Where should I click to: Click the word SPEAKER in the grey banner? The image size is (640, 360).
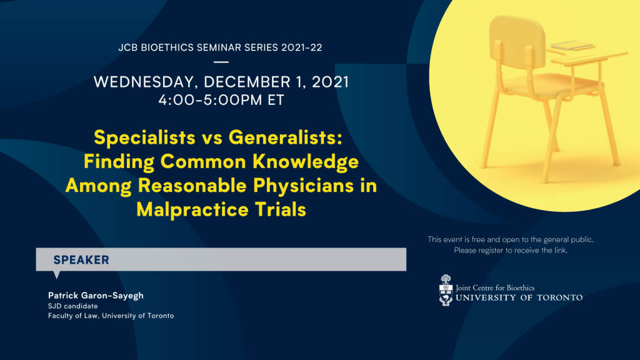click(81, 260)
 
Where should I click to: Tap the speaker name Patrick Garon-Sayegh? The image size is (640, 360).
click(96, 296)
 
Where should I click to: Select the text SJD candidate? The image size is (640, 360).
click(72, 306)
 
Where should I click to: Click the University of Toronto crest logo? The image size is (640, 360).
click(446, 290)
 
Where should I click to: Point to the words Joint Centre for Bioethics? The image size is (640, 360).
click(495, 287)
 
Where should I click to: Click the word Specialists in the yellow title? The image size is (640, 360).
click(144, 137)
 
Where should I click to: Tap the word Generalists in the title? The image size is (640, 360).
click(285, 137)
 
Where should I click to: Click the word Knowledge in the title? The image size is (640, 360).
click(306, 162)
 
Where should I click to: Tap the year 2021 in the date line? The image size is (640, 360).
click(330, 82)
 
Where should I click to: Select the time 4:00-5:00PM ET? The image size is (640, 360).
click(221, 100)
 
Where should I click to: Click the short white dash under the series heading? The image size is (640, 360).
click(221, 62)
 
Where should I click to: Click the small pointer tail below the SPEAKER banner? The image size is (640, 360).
click(57, 275)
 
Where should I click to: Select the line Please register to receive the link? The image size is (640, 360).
click(511, 250)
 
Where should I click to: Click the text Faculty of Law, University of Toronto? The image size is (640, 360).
click(111, 316)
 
